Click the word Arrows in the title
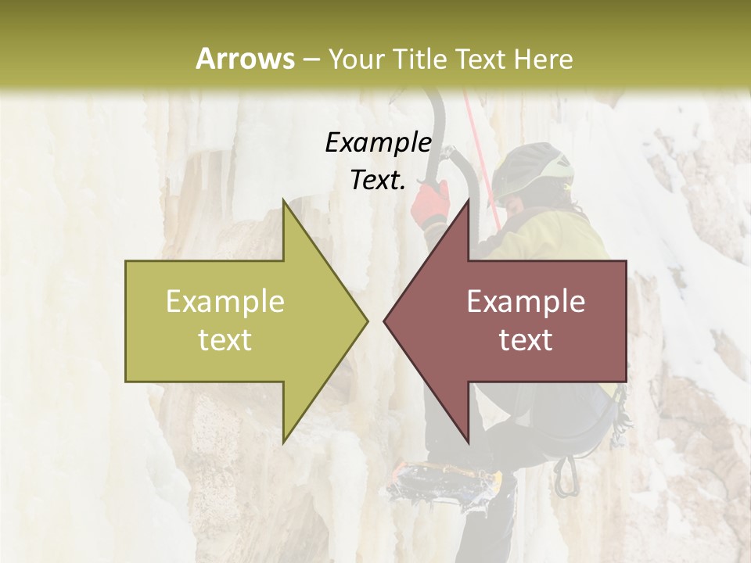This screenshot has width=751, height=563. (x=246, y=59)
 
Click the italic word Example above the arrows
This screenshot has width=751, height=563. (x=378, y=142)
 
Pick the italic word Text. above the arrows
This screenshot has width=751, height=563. (x=378, y=180)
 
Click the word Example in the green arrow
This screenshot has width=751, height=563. (x=225, y=302)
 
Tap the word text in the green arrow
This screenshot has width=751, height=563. (x=225, y=340)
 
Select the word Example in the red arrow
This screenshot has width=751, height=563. (x=526, y=302)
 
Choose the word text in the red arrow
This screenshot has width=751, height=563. (x=526, y=340)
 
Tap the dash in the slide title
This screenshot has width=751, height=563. (x=310, y=59)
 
